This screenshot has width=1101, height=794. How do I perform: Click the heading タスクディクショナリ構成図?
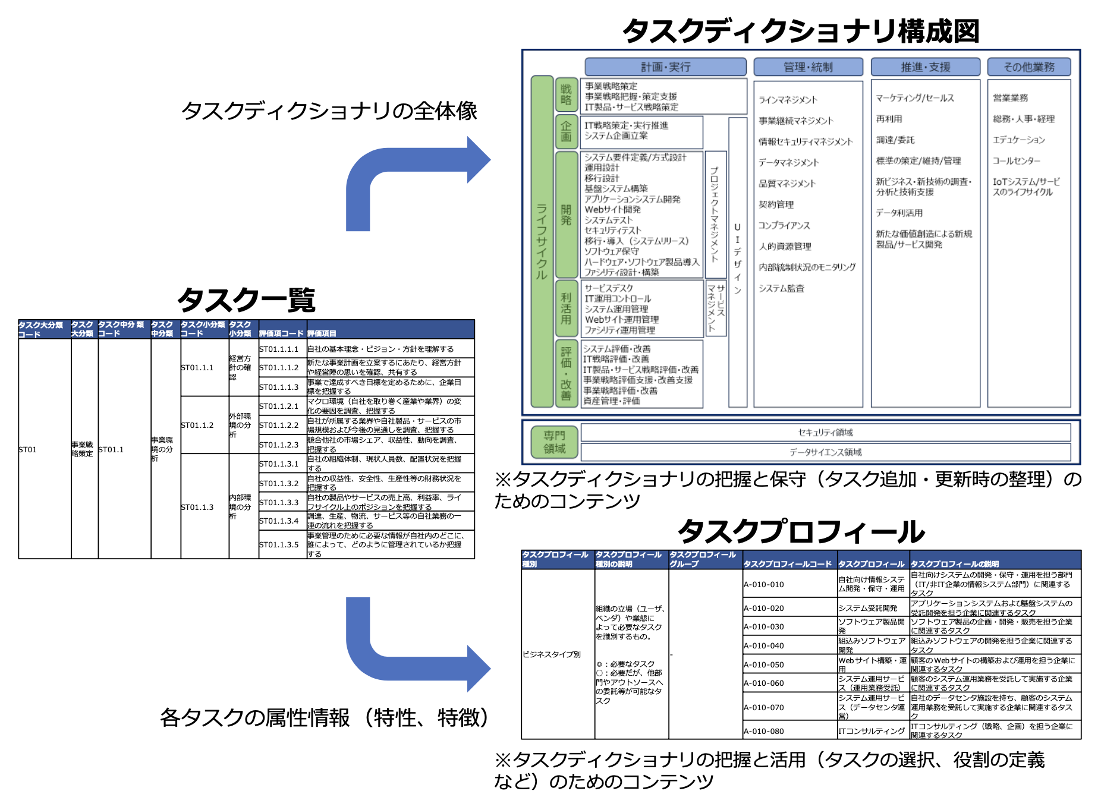coord(800,31)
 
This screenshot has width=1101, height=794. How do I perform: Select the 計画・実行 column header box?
coord(665,67)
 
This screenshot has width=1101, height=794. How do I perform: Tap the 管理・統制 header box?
coord(808,67)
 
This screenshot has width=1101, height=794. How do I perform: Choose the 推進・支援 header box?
coord(925,67)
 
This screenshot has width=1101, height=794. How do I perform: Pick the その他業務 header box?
coord(1029,67)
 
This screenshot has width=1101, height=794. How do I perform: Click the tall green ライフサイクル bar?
coord(542,241)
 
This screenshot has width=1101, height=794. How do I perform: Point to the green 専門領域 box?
coord(554,442)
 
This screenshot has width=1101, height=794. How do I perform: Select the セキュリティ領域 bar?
coord(825,432)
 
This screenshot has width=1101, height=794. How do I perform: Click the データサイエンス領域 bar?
coord(825,452)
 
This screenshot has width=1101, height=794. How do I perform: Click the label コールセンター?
coord(1017,160)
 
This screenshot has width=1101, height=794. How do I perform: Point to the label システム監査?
coord(781,288)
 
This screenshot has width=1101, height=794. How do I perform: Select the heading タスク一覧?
coord(246,300)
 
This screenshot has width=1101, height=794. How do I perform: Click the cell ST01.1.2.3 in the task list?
coord(279,445)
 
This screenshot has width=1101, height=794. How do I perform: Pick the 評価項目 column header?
coord(322,333)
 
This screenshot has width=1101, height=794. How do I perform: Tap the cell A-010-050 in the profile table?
coord(764,664)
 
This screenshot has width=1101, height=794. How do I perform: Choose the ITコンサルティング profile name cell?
coord(872,731)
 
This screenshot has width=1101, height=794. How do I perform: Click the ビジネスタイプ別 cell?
coord(552,654)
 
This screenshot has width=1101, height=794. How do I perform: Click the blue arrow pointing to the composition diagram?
coord(416,178)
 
